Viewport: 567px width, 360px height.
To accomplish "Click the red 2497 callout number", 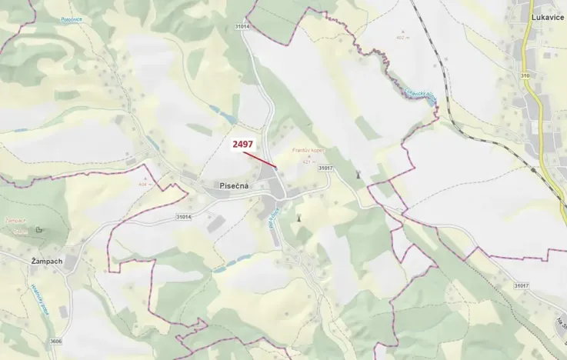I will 242,144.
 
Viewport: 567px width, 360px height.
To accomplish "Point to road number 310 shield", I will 525,75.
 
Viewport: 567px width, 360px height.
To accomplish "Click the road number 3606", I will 57,342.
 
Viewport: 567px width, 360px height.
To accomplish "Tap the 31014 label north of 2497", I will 242,27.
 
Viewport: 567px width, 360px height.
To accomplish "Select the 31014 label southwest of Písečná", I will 184,218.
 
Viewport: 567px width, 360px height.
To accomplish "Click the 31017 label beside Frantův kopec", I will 325,168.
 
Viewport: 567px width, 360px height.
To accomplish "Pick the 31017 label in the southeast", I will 522,286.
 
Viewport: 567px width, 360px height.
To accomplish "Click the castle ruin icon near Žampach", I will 39,229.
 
